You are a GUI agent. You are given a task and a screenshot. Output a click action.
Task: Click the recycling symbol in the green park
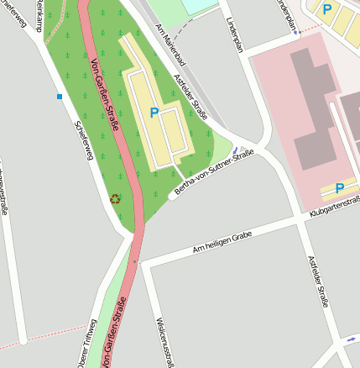pos(116,199)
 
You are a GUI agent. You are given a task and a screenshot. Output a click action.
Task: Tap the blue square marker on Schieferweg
pos(60,97)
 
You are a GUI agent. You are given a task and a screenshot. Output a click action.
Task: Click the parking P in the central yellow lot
pos(154,113)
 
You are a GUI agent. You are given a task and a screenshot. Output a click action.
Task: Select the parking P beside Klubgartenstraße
pos(340,189)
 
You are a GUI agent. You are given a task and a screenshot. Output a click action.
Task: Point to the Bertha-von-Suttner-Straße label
pos(213,175)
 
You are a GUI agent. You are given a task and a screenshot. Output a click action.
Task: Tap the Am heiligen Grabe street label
pos(222,243)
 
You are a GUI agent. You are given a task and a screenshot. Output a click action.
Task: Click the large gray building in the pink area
pos(314,109)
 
